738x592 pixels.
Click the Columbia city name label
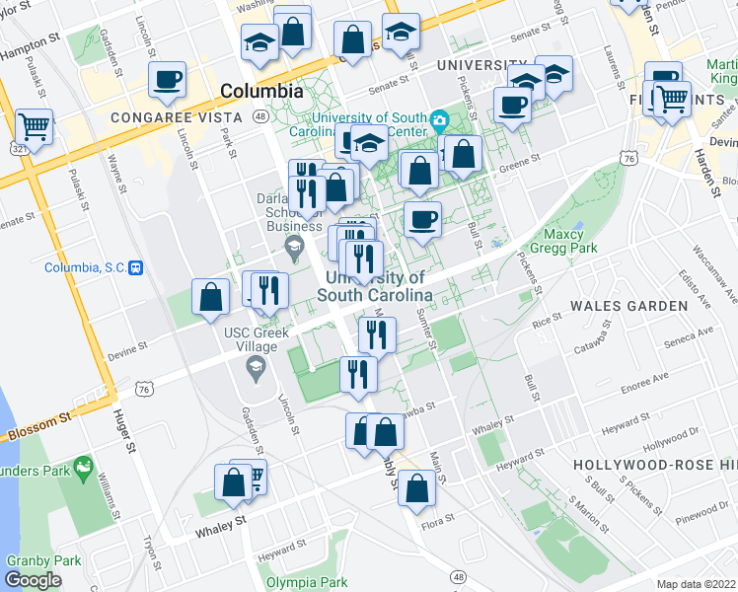coord(261,91)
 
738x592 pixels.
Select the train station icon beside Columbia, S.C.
coord(138,267)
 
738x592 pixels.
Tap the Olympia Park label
coord(306,582)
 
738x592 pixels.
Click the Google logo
coord(33,580)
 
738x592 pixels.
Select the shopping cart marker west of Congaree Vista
coord(35,126)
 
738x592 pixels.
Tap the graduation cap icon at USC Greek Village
coord(256,369)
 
